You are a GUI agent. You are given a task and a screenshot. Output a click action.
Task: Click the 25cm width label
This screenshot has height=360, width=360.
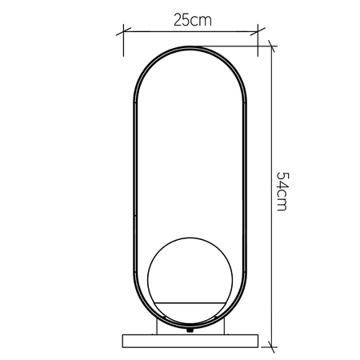coord(190,21)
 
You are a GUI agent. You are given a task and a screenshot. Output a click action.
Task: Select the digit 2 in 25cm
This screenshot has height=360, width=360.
coord(176,21)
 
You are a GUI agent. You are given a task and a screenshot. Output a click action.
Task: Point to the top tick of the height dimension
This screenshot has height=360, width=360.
coord(271,46)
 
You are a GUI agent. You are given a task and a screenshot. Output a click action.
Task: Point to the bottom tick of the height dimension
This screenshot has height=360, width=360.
coord(271,345)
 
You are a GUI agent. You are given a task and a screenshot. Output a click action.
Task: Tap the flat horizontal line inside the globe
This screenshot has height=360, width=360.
coord(190,302)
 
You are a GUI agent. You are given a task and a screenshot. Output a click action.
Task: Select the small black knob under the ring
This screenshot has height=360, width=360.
coord(190,329)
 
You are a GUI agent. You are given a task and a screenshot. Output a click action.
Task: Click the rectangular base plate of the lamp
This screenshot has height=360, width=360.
coord(190,339)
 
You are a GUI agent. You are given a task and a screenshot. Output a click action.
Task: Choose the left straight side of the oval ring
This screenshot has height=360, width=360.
coord(132,184)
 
